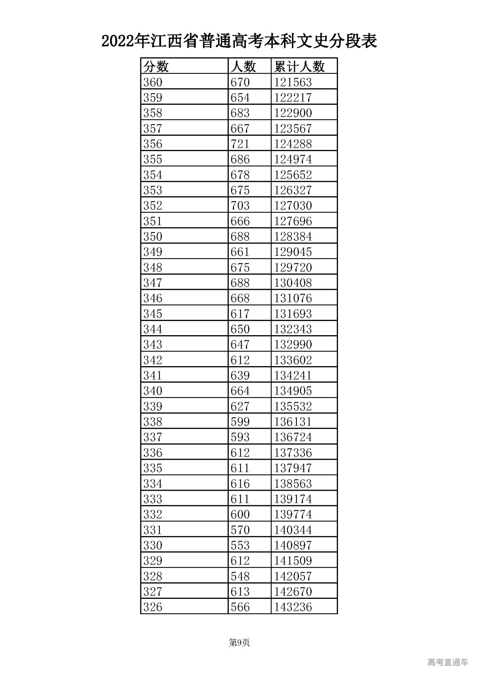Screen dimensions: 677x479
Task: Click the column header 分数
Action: coord(156,67)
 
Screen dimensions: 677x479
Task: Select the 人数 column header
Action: coord(243,67)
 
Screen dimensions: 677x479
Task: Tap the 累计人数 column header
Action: coord(299,67)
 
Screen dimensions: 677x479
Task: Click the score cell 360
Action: coord(153,82)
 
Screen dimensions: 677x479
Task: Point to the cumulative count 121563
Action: coord(293,82)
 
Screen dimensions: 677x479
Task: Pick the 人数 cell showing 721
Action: coord(240,144)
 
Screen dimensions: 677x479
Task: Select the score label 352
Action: coord(153,206)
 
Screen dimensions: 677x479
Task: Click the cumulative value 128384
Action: coord(293,237)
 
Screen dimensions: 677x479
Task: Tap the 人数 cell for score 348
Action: coord(240,267)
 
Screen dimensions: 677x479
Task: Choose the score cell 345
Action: coord(153,314)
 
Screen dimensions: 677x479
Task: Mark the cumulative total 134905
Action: coord(293,391)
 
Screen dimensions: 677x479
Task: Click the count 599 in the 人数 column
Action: coord(240,422)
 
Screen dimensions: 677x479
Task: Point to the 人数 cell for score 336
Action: coord(240,453)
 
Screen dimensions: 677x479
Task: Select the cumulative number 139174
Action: coord(293,499)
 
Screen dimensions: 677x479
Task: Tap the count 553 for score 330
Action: coord(240,545)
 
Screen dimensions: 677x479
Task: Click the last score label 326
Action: coord(153,607)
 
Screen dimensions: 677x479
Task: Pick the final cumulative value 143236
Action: coord(293,607)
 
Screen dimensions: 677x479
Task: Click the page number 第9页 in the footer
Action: coord(239,643)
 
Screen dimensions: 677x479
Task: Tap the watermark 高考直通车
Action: coord(448,662)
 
